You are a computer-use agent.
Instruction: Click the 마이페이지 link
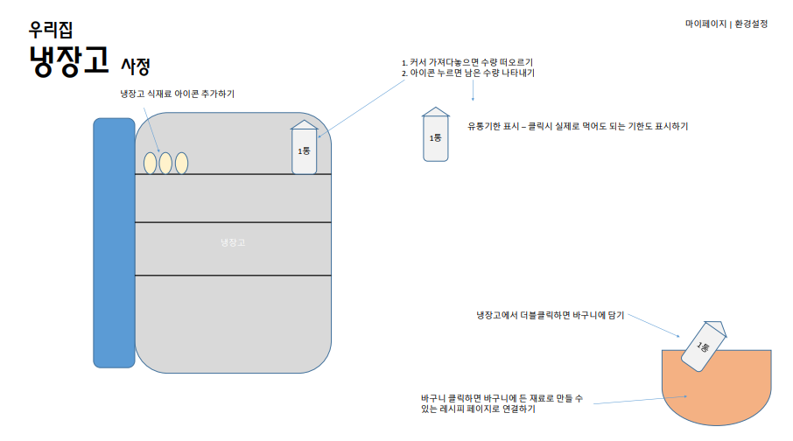pos(705,24)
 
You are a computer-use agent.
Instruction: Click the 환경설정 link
pos(750,24)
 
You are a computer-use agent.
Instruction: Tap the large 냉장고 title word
pos(69,60)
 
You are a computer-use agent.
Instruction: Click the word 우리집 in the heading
pos(50,27)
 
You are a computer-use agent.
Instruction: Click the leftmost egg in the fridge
pos(150,163)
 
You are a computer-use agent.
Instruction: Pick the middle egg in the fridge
pos(165,163)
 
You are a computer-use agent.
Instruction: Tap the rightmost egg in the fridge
pos(181,163)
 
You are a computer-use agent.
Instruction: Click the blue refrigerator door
pos(114,242)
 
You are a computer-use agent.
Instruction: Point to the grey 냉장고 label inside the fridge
pos(233,242)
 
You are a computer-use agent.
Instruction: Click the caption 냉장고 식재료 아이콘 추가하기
pos(178,94)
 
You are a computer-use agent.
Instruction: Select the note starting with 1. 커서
pos(467,62)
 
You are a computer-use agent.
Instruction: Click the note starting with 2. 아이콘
pos(468,73)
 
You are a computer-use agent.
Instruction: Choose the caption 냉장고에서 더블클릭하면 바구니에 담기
pos(551,314)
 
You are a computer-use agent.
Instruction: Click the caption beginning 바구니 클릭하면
pos(501,402)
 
